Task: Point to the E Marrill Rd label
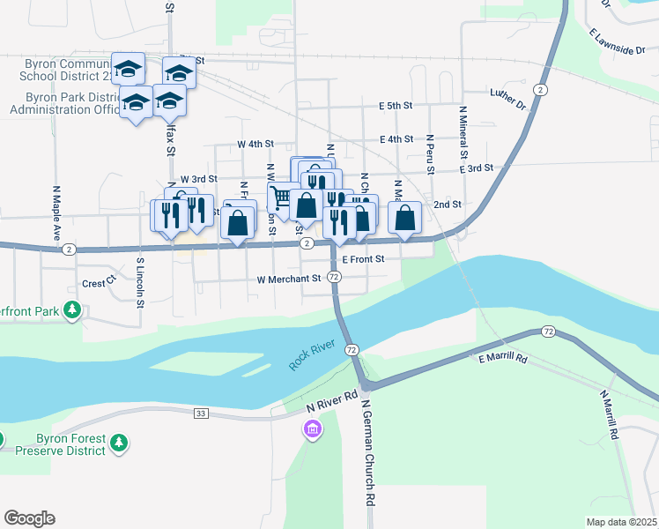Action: tap(502, 359)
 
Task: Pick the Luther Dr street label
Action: tap(508, 98)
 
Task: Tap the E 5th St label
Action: tap(396, 106)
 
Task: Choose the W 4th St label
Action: tap(255, 144)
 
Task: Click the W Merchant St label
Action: tap(288, 279)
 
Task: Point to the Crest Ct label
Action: tap(99, 283)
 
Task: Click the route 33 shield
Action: tap(201, 413)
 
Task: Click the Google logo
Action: tap(29, 518)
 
